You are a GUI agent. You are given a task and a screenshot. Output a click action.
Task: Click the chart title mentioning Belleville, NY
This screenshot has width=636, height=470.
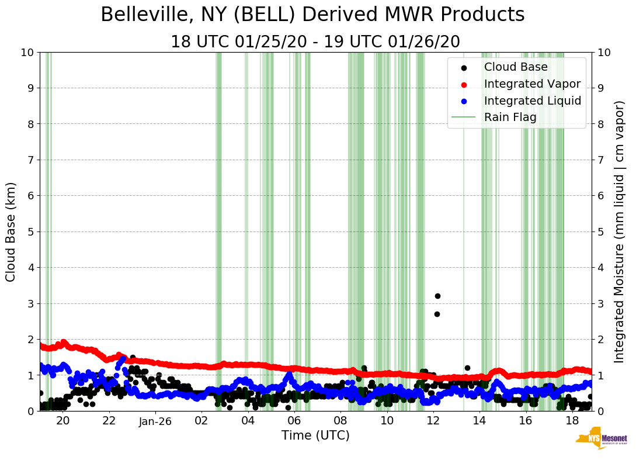(312, 15)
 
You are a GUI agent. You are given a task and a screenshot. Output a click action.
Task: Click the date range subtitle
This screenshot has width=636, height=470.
(315, 42)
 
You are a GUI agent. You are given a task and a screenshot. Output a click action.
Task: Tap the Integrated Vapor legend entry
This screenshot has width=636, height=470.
(532, 84)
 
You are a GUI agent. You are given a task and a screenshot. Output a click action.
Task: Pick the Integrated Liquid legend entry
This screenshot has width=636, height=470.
(532, 101)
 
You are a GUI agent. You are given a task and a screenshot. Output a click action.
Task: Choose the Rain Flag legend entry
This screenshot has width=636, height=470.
(510, 117)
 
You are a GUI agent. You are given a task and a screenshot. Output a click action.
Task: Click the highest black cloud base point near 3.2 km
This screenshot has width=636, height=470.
(437, 296)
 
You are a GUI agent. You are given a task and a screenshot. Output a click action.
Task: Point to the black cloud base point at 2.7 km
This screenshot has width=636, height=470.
(436, 314)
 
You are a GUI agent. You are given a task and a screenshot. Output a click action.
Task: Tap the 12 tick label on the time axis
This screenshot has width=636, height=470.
(433, 421)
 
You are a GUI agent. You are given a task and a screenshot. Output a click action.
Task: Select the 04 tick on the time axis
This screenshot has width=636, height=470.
(248, 421)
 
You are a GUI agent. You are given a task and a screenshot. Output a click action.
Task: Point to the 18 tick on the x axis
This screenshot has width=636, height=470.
(572, 421)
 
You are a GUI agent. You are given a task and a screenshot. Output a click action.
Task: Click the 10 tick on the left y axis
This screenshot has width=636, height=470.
(27, 52)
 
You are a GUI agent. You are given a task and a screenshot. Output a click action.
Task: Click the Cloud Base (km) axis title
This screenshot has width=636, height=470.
(11, 231)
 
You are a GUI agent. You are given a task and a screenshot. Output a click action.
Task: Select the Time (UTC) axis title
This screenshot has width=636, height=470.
(315, 436)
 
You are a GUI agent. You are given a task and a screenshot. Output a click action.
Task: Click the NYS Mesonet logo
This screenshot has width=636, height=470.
(601, 440)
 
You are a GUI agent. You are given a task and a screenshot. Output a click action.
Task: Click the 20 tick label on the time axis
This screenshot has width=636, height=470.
(62, 421)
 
